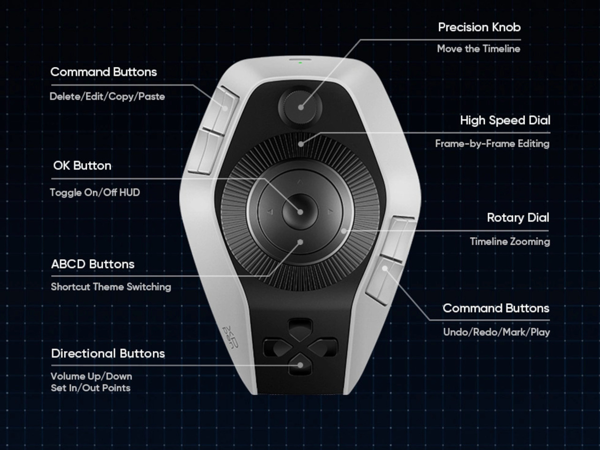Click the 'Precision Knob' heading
479,27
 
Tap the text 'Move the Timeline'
479,49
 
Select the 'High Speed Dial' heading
505,120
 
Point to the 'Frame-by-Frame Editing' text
492,144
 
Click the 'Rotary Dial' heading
518,218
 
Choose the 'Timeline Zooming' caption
510,242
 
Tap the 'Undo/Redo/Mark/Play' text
496,332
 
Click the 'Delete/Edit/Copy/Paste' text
107,97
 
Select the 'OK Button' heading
82,165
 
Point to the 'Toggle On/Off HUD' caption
95,193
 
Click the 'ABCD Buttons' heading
93,264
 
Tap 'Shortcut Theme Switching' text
111,287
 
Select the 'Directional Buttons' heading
108,353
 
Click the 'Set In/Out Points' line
90,388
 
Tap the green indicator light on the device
300,62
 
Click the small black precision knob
300,107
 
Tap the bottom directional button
300,365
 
